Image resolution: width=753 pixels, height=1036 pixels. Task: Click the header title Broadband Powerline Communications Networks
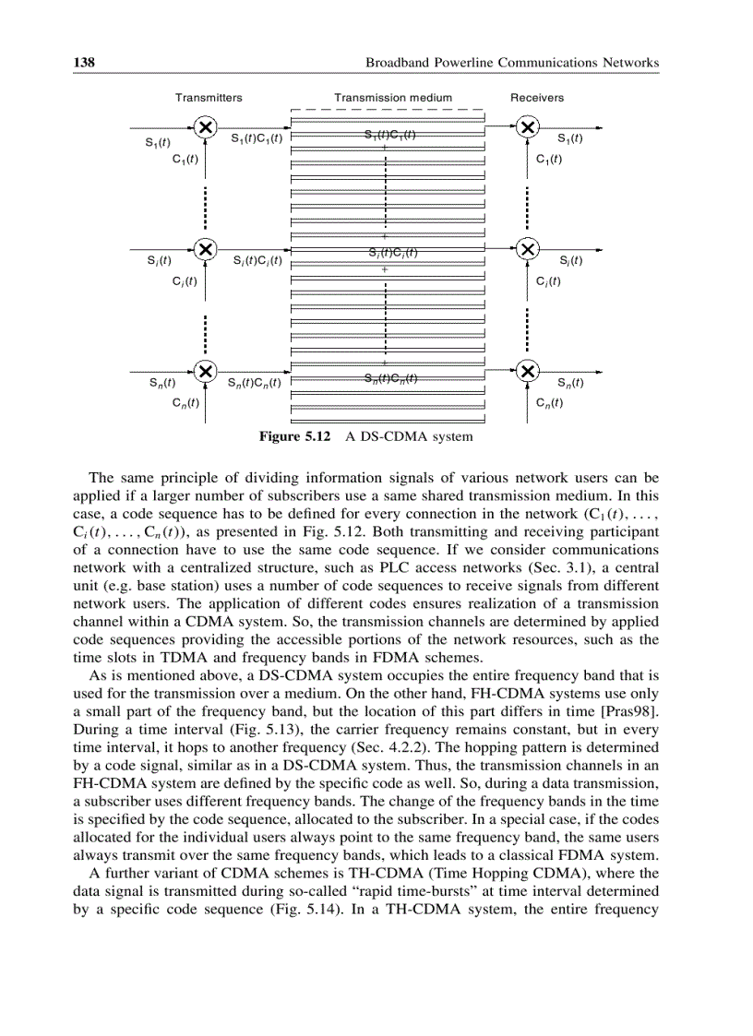tap(512, 63)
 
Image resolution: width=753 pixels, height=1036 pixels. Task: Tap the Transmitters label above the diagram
tap(209, 98)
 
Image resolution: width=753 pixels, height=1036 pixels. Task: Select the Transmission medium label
tap(393, 98)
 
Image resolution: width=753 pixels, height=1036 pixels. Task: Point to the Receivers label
tap(537, 98)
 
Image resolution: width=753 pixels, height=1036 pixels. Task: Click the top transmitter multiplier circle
tap(208, 127)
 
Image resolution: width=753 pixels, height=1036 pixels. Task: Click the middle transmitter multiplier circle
tap(208, 249)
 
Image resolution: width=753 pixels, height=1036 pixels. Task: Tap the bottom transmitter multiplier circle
tap(208, 371)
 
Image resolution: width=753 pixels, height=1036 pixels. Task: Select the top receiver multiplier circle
tap(527, 127)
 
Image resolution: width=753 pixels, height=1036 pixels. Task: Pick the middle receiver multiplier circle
tap(527, 249)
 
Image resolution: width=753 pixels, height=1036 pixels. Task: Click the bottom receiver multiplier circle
tap(527, 371)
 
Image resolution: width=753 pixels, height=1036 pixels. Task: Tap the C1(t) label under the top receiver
tap(550, 159)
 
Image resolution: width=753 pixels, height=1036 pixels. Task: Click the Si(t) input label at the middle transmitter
tap(159, 261)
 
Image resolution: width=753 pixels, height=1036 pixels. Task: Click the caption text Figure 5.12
tap(294, 436)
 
